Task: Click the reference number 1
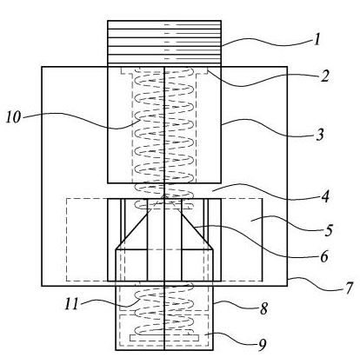coord(317,39)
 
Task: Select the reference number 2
coord(325,76)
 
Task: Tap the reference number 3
coord(320,135)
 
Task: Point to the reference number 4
coord(325,196)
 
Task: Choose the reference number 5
coord(328,230)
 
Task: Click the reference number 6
coord(323,256)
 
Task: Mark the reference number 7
coord(350,288)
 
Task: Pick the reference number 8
coord(263,309)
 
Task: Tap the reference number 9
coord(262,345)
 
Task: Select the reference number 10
coord(14,117)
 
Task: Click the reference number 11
coord(71,304)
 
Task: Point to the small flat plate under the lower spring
coord(164,338)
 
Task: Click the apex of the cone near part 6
coord(164,195)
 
